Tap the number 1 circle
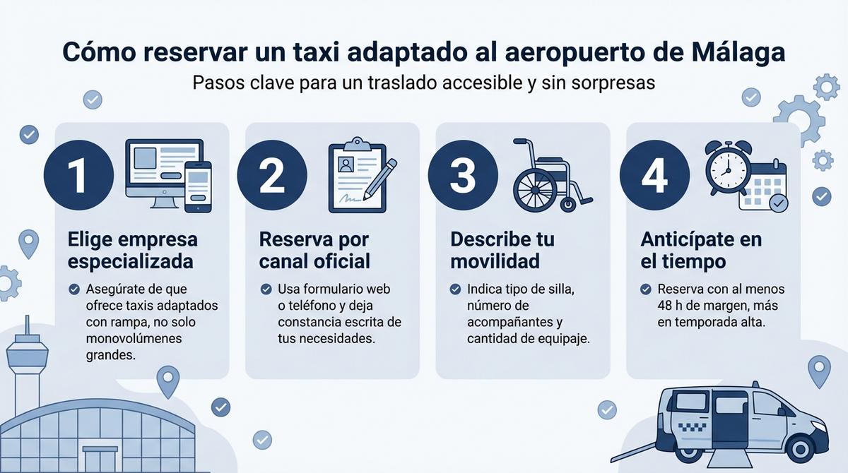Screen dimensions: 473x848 (78, 176)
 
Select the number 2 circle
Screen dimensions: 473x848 (271, 176)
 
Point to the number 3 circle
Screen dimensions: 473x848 (462, 176)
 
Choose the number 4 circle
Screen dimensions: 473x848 (654, 176)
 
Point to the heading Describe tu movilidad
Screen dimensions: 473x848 (502, 250)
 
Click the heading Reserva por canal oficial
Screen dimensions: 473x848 (314, 250)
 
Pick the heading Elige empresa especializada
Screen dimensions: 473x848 (132, 250)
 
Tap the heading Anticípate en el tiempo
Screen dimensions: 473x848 (701, 250)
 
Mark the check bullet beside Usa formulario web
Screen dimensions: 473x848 (266, 289)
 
